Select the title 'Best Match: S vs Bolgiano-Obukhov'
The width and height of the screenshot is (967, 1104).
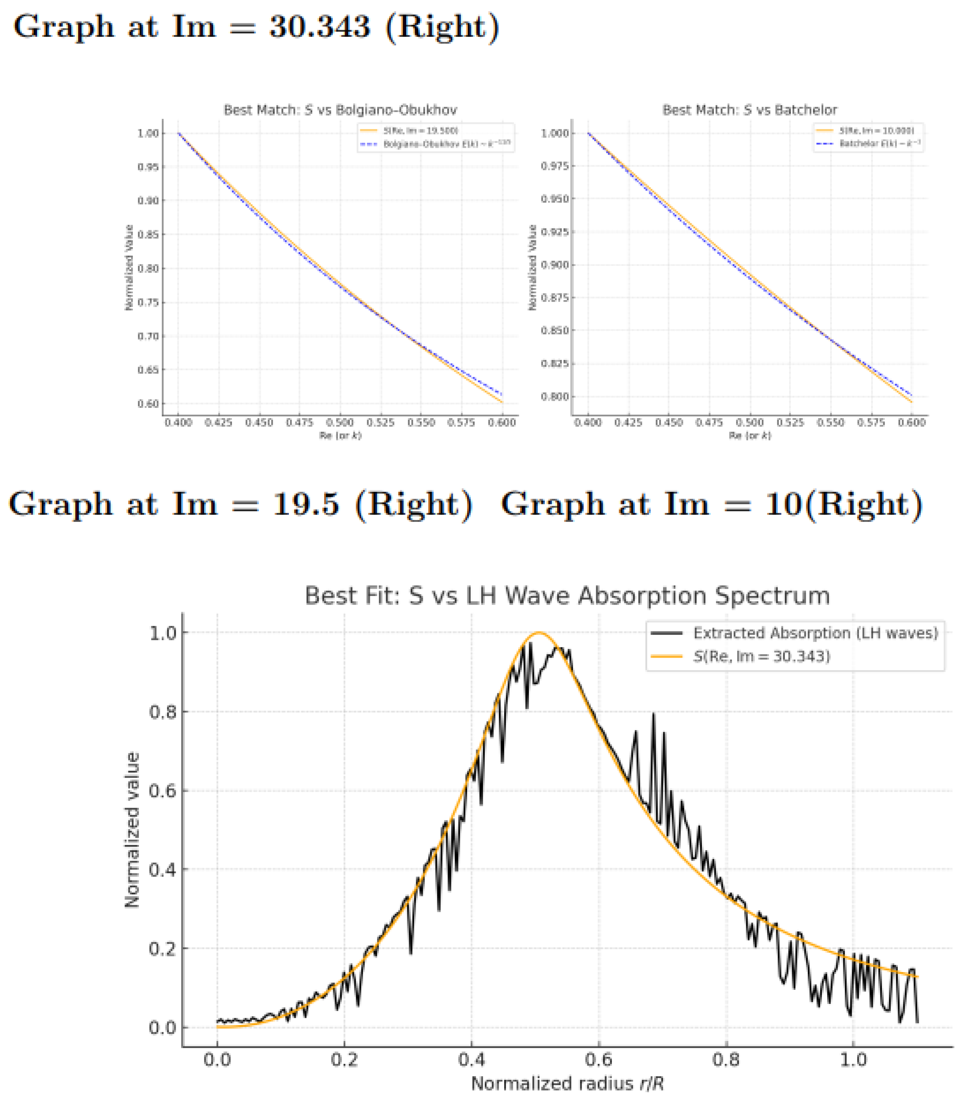pyautogui.click(x=340, y=110)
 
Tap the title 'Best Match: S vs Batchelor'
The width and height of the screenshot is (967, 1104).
pyautogui.click(x=749, y=110)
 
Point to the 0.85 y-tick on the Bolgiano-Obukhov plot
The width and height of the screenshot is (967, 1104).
pyautogui.click(x=148, y=234)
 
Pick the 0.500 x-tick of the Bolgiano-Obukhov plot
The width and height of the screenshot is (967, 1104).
pyautogui.click(x=340, y=422)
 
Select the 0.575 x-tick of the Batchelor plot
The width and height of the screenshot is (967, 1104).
pyautogui.click(x=871, y=422)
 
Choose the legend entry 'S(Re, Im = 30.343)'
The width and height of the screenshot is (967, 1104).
pyautogui.click(x=761, y=656)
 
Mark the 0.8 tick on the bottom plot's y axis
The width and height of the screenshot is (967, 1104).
pyautogui.click(x=162, y=712)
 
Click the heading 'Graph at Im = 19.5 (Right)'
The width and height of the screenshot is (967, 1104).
pyautogui.click(x=240, y=504)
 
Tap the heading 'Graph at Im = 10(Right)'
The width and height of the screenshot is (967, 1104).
pyautogui.click(x=712, y=504)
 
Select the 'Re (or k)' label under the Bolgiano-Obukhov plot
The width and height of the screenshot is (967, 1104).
pyautogui.click(x=340, y=435)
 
